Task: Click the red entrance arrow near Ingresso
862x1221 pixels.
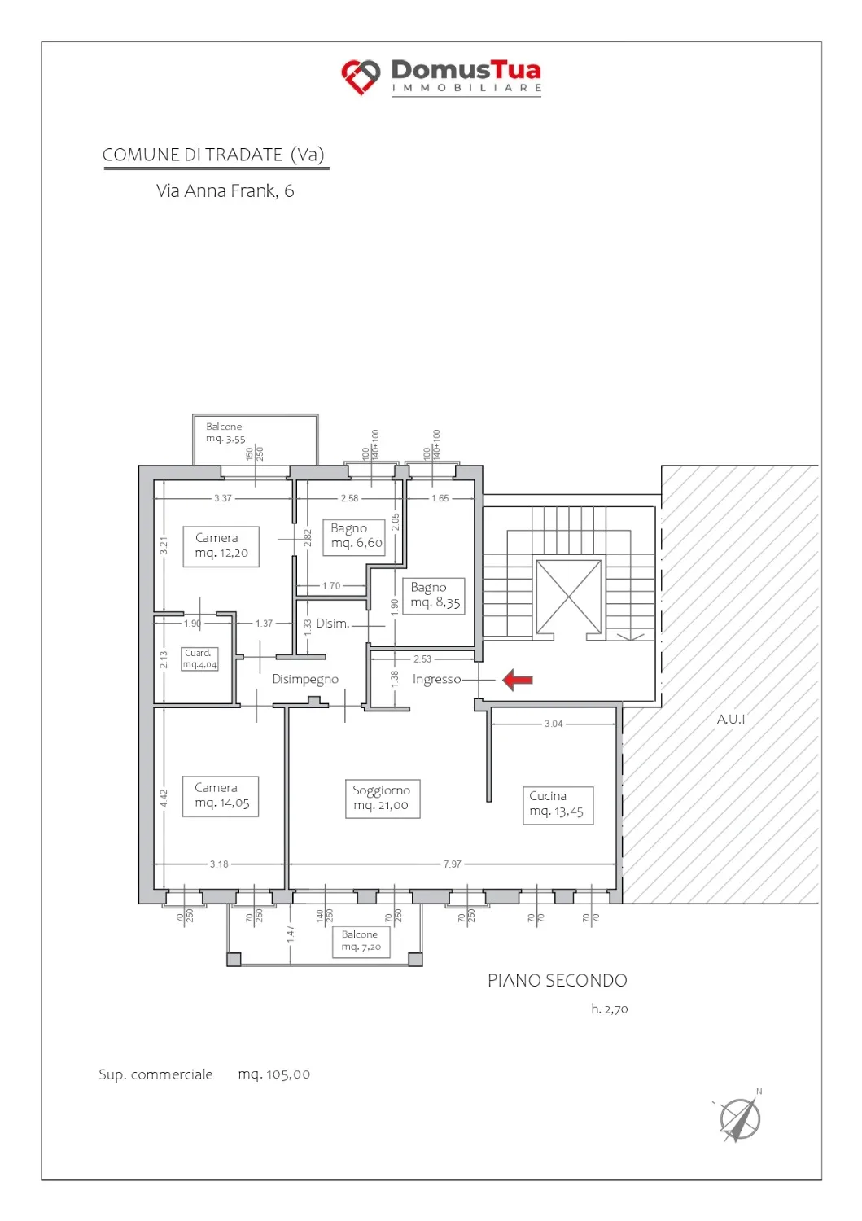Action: click(x=517, y=680)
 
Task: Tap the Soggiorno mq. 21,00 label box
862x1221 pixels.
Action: click(x=383, y=799)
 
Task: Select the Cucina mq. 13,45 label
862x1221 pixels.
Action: click(x=558, y=805)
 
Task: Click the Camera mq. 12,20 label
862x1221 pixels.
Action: click(x=221, y=546)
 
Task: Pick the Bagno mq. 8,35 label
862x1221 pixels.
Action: click(x=434, y=596)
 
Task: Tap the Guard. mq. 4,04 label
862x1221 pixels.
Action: click(x=199, y=659)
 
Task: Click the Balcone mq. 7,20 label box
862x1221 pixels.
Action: click(x=361, y=942)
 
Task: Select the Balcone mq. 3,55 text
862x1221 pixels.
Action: click(x=225, y=433)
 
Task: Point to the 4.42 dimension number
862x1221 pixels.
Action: click(x=164, y=799)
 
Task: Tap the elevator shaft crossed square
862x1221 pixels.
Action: click(x=569, y=597)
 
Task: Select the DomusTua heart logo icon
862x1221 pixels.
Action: click(x=361, y=77)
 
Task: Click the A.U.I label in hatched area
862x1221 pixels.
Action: click(x=731, y=720)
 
